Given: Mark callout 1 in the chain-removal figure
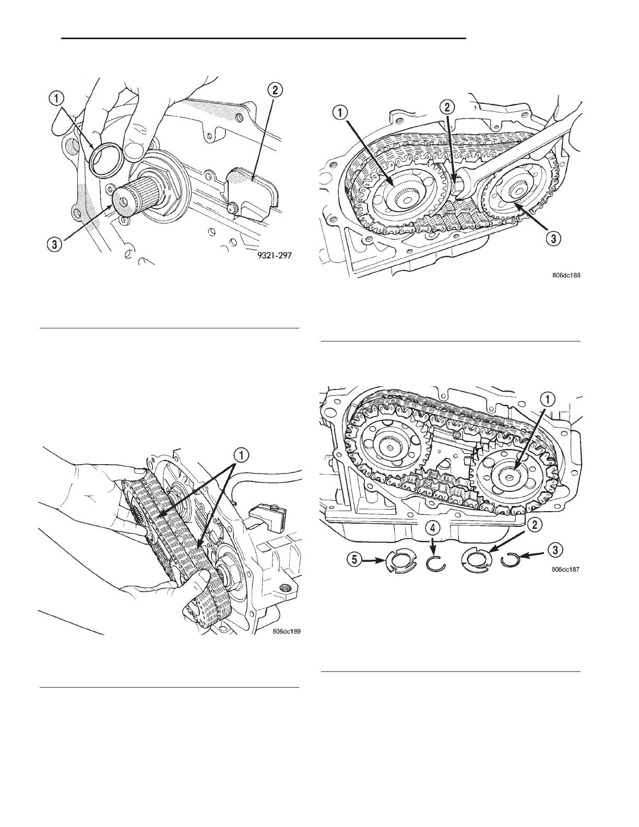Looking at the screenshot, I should pos(242,455).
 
